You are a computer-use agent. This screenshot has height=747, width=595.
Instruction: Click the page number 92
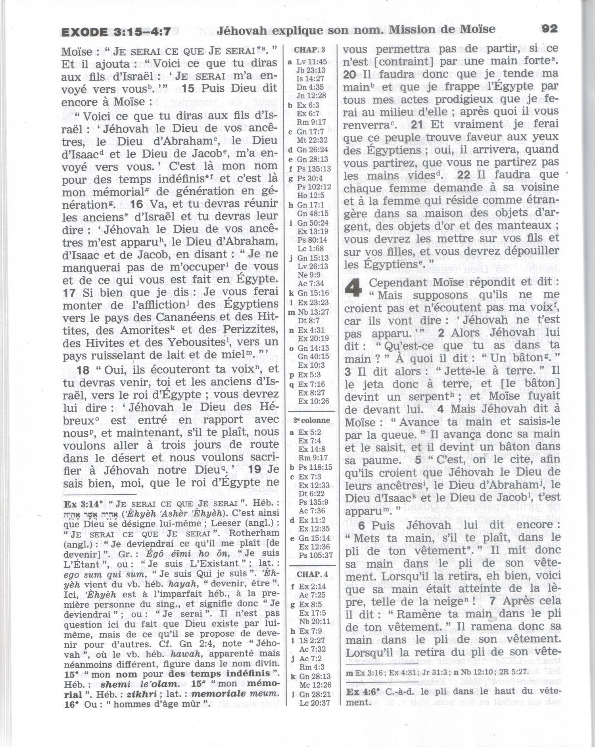tap(549, 29)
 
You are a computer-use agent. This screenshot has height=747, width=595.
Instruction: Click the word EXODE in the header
tap(84, 32)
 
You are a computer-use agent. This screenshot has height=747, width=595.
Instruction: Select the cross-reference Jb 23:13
tap(311, 70)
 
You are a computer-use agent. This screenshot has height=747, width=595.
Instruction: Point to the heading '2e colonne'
tap(311, 421)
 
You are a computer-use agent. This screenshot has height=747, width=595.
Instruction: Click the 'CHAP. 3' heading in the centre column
tap(309, 50)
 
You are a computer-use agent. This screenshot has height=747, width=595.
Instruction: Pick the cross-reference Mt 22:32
tap(312, 140)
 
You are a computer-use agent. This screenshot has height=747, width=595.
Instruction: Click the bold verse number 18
tap(83, 371)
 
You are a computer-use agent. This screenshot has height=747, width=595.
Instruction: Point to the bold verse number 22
tap(463, 175)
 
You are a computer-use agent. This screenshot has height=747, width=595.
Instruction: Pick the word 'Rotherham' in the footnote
tap(254, 533)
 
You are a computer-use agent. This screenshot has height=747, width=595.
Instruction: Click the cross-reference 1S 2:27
tap(312, 640)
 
